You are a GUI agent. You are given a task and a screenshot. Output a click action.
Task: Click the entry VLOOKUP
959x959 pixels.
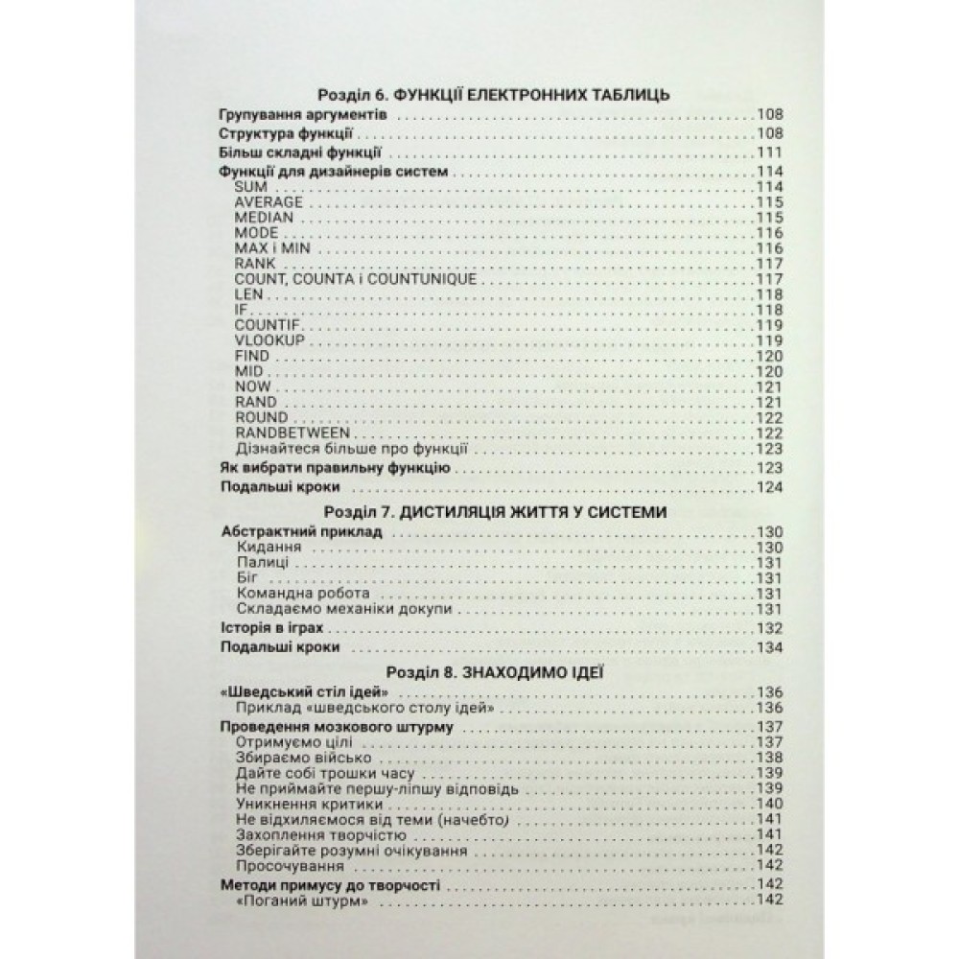click(269, 339)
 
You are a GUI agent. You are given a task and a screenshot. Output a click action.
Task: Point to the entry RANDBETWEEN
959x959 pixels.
click(292, 433)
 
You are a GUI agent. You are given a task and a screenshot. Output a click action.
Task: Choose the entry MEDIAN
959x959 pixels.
click(263, 217)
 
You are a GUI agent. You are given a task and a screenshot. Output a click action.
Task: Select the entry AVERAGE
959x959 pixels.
click(269, 201)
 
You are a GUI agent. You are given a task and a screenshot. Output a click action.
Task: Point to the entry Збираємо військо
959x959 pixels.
click(290, 758)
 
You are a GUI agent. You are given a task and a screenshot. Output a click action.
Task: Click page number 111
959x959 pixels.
click(770, 153)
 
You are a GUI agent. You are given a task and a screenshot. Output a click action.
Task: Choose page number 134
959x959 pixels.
click(770, 648)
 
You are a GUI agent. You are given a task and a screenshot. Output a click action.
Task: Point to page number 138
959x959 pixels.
click(770, 758)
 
